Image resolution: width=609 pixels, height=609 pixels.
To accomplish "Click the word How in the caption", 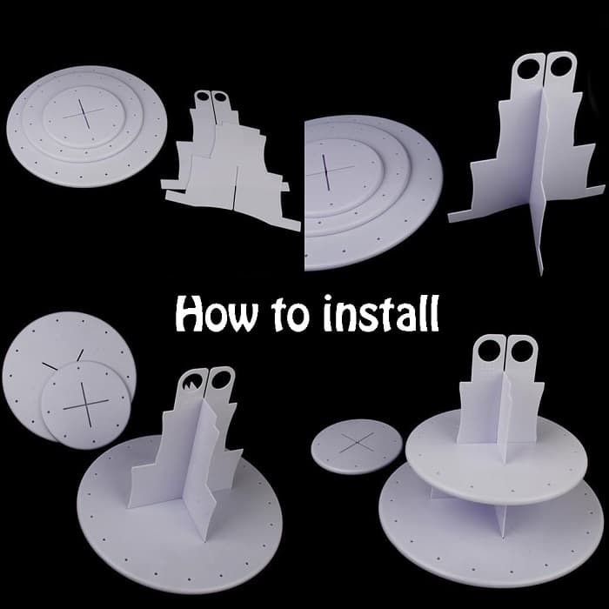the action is pos(217,314).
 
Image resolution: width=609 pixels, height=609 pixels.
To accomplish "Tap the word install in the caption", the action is pos(381,312).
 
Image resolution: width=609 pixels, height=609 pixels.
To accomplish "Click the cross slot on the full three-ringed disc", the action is pos(84,113).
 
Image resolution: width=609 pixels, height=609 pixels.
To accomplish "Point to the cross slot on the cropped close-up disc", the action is pos(330,171).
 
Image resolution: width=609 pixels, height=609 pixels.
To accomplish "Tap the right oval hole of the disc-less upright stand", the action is pos(559,66).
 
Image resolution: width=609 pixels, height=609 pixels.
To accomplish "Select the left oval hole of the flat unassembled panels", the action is pos(203,96).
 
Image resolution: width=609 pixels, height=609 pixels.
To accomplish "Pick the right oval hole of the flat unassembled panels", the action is pos(219,97).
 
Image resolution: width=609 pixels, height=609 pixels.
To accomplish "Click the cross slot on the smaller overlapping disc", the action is pos(86,403).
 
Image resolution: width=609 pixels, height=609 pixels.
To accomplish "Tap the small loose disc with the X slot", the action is pos(356,445).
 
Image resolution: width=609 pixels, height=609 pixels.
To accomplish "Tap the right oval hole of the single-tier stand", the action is pos(220,380).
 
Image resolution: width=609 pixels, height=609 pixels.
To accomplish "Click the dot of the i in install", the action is pos(329,298).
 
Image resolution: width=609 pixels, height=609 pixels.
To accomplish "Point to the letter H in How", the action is pos(191,315).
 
